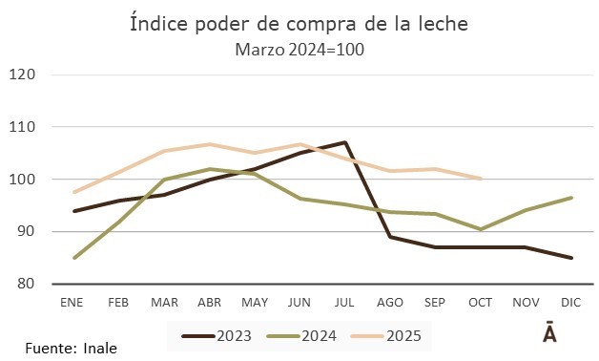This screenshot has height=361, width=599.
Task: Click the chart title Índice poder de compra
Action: coord(299,24)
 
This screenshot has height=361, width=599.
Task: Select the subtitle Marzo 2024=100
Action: coord(299,49)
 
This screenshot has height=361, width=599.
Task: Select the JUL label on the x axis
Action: coord(345,302)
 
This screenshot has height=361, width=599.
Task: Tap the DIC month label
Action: coord(571,302)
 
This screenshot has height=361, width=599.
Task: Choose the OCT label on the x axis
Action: coord(481,302)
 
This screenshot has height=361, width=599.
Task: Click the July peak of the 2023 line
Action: coord(345,142)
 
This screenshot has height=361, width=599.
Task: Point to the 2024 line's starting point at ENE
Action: coord(74,258)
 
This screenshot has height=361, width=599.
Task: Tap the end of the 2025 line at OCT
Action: coord(481,179)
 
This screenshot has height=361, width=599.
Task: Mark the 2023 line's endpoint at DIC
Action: coord(571,258)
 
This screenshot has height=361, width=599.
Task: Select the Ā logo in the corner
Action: coord(550,333)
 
